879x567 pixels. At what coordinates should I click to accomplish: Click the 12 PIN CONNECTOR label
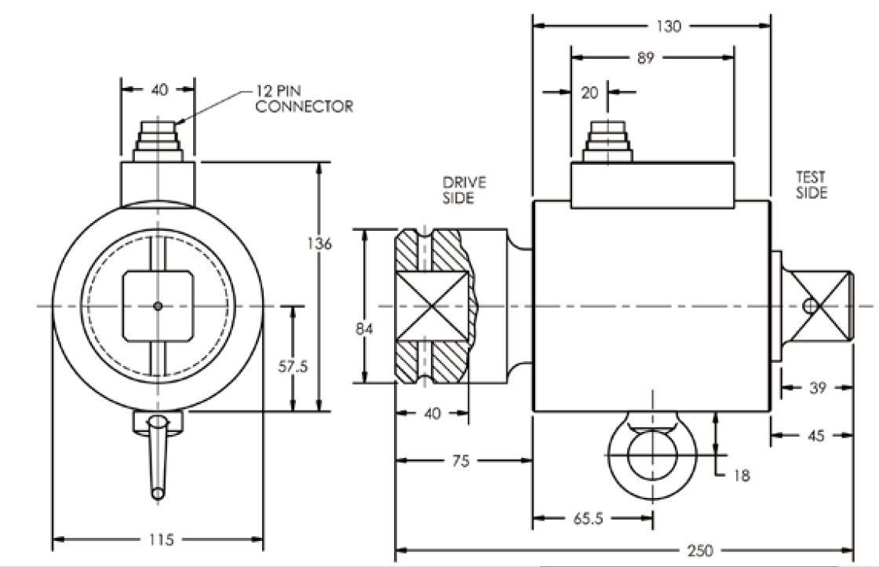[302, 97]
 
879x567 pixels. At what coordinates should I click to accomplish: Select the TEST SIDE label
[812, 185]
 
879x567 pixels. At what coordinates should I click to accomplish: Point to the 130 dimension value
[669, 25]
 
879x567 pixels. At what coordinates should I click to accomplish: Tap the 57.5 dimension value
[292, 367]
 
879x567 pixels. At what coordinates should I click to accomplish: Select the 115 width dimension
[157, 540]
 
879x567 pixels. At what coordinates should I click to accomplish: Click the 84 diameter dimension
[363, 329]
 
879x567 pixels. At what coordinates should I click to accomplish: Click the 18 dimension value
[742, 474]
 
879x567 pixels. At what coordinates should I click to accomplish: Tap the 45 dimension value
[816, 434]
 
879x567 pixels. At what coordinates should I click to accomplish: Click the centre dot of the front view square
[158, 305]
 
